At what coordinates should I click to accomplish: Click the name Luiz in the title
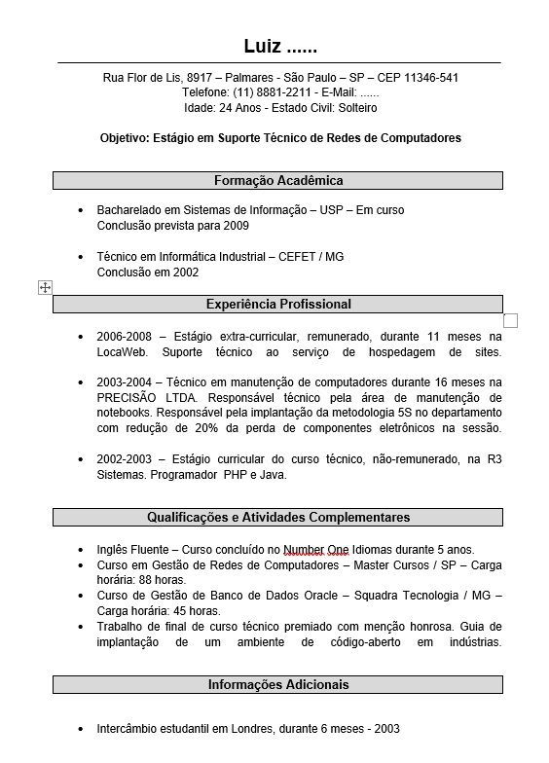pos(263,47)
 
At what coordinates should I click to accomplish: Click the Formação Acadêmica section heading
pos(277,180)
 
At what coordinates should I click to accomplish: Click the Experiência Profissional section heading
pos(277,304)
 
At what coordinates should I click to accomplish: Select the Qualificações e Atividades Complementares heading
pos(277,517)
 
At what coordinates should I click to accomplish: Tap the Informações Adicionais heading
pos(277,684)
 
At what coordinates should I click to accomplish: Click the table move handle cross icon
pos(45,287)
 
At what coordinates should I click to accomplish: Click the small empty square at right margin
pos(510,320)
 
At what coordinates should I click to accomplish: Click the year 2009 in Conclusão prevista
pos(236,226)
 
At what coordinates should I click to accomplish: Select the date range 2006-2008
pos(121,336)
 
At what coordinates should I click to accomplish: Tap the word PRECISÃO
pos(127,398)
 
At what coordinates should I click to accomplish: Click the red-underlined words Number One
pos(323,549)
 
